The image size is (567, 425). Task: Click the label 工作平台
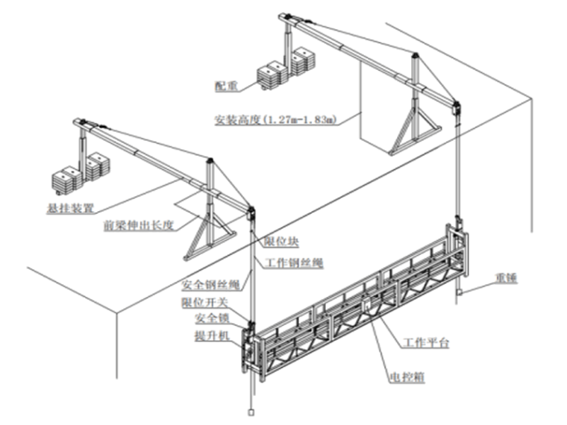pyautogui.click(x=426, y=343)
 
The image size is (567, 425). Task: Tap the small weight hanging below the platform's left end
pyautogui.click(x=251, y=411)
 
